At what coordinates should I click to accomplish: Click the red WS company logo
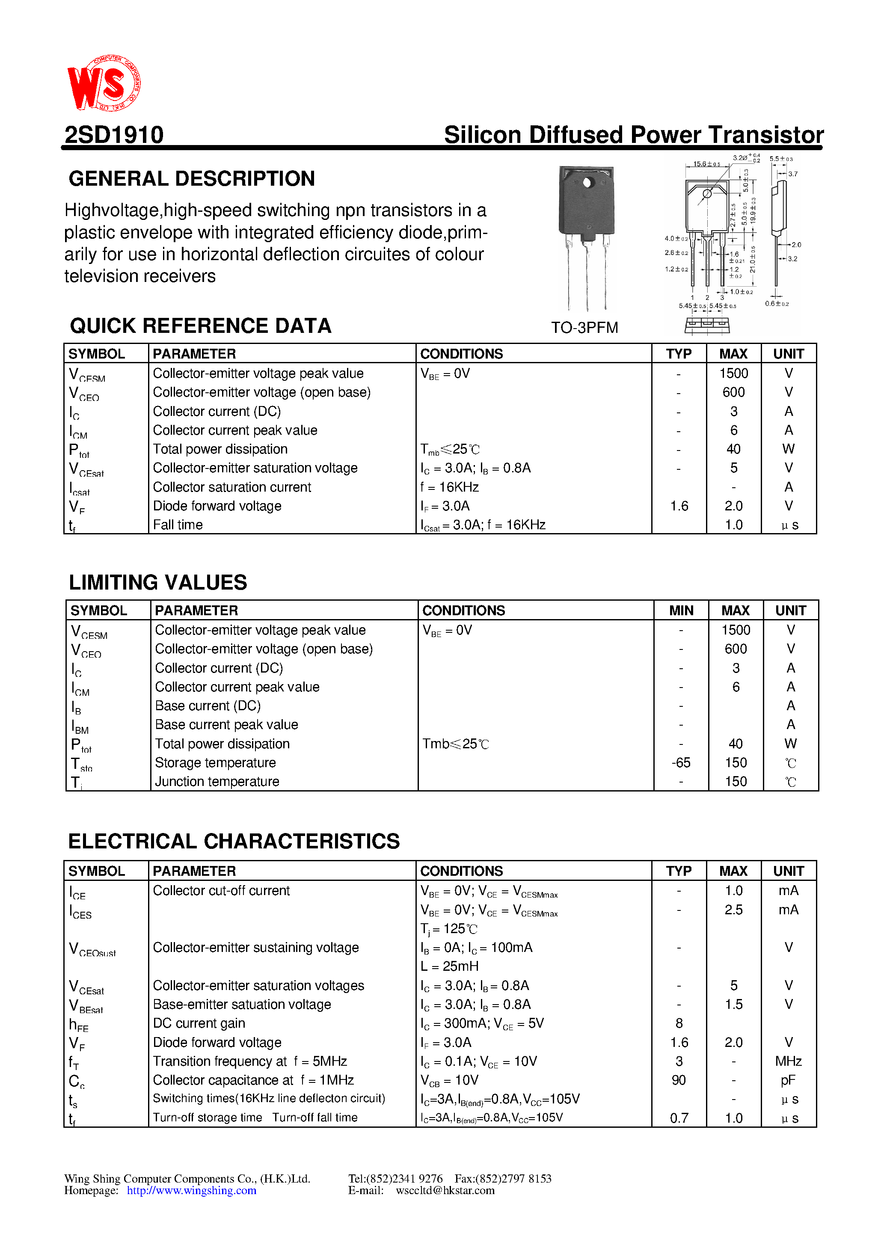pos(104,83)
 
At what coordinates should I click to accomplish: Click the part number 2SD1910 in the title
pos(114,135)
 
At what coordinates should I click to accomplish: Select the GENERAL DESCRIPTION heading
pos(191,179)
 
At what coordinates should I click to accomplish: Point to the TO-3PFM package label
pos(584,327)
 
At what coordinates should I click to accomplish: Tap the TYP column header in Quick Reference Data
pos(679,354)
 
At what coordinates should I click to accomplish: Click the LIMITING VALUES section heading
pos(157,582)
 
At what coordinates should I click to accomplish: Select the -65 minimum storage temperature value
pos(681,763)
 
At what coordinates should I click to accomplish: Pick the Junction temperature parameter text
pos(217,782)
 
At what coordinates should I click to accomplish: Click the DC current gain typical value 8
pos(679,1023)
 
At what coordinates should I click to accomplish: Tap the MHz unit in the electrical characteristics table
pos(788,1061)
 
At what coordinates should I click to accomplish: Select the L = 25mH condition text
pos(450,966)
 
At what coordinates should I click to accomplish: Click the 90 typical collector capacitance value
pos(679,1080)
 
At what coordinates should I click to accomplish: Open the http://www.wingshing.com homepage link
pos(191,1191)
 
